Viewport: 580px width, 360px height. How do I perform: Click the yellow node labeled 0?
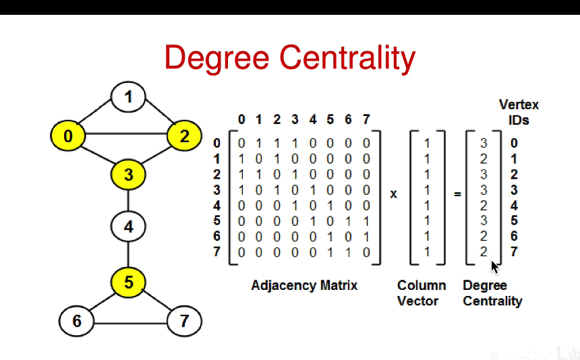(67, 137)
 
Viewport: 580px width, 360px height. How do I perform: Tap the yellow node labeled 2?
(184, 137)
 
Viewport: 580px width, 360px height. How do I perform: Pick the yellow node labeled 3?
(128, 175)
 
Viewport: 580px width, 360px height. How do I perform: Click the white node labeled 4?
(128, 227)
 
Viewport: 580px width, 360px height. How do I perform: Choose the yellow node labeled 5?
(128, 282)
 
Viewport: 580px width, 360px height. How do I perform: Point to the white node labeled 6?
(76, 321)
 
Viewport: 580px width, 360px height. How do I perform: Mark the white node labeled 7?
(184, 321)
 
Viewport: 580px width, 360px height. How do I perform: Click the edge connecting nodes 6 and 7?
(130, 322)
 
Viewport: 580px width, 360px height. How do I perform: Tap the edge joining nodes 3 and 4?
(128, 201)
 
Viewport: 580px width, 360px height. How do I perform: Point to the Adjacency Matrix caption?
(304, 285)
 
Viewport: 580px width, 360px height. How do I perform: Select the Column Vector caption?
(422, 293)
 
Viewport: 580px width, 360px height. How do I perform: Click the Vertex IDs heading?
(519, 112)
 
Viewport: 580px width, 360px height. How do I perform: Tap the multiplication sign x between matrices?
(394, 194)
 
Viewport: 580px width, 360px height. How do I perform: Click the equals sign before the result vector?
(457, 194)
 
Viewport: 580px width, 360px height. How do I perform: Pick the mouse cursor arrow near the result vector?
(494, 266)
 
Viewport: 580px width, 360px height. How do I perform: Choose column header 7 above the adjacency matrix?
(366, 120)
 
